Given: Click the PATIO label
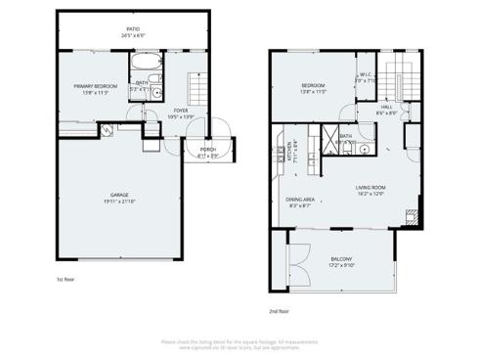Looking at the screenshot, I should pos(132,30).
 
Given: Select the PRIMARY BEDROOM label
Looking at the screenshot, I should pos(96,86).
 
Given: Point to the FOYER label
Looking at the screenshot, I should pos(182,111).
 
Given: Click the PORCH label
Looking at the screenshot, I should pos(208,149).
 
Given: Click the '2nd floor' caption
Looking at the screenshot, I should pos(279,311).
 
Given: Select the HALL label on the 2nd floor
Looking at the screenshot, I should pos(386,109).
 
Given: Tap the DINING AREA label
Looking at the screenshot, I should pos(299,200).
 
